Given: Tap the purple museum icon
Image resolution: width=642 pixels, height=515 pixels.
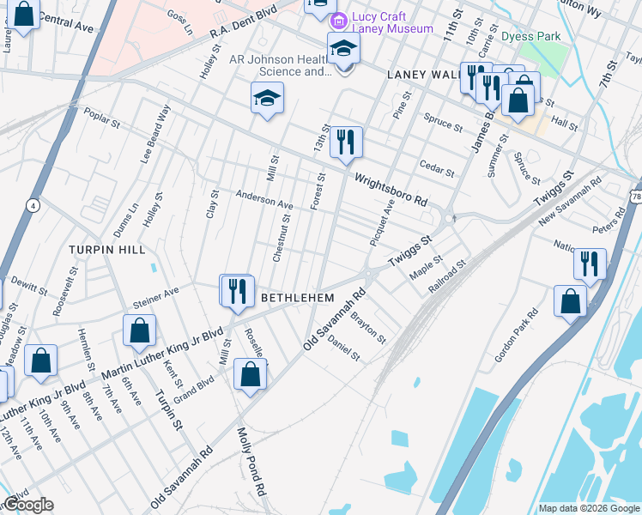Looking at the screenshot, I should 341,21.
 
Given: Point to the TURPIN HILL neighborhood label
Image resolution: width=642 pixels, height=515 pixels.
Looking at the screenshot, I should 108,249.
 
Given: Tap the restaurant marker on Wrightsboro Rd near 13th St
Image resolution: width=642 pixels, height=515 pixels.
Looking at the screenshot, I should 346,142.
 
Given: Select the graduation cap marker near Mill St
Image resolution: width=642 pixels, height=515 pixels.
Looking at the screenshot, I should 268,99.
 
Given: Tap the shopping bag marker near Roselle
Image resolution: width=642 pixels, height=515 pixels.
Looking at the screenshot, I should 250,375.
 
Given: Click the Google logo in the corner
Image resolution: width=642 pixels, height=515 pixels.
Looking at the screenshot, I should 27,505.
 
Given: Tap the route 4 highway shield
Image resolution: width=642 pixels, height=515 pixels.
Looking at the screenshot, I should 33,206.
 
